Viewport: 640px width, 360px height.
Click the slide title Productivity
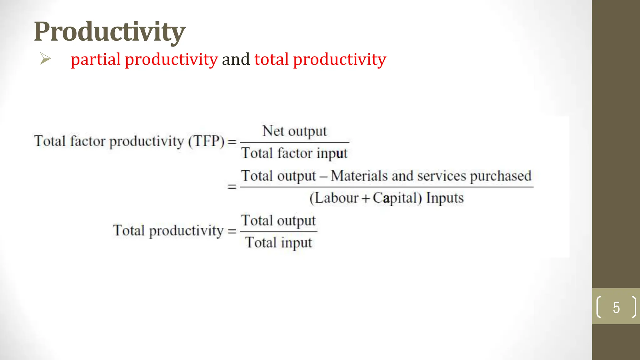tap(109, 32)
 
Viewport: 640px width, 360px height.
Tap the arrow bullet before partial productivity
tap(45, 59)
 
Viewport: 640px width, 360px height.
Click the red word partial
tap(95, 59)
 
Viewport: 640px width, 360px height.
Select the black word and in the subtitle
tap(236, 59)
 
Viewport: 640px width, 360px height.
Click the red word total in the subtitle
tap(271, 59)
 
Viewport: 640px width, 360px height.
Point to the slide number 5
tap(616, 307)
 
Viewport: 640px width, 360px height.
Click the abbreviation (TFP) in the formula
tap(206, 141)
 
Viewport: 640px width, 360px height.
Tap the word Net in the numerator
tap(273, 131)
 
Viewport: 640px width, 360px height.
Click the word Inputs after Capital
tap(445, 198)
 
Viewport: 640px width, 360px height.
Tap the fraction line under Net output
tap(294, 142)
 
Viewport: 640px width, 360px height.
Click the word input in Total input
tap(296, 243)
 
